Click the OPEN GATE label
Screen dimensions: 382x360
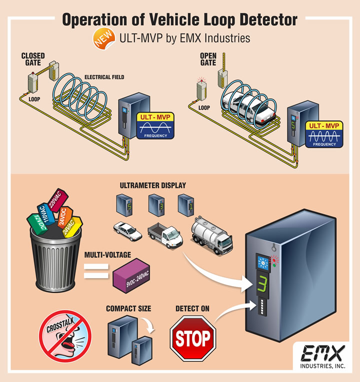(208, 59)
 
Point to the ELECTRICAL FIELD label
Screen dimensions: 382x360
(104, 77)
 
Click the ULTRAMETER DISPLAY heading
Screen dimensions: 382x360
(152, 185)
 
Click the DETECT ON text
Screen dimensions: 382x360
(192, 309)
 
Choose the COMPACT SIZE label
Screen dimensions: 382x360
(128, 309)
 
